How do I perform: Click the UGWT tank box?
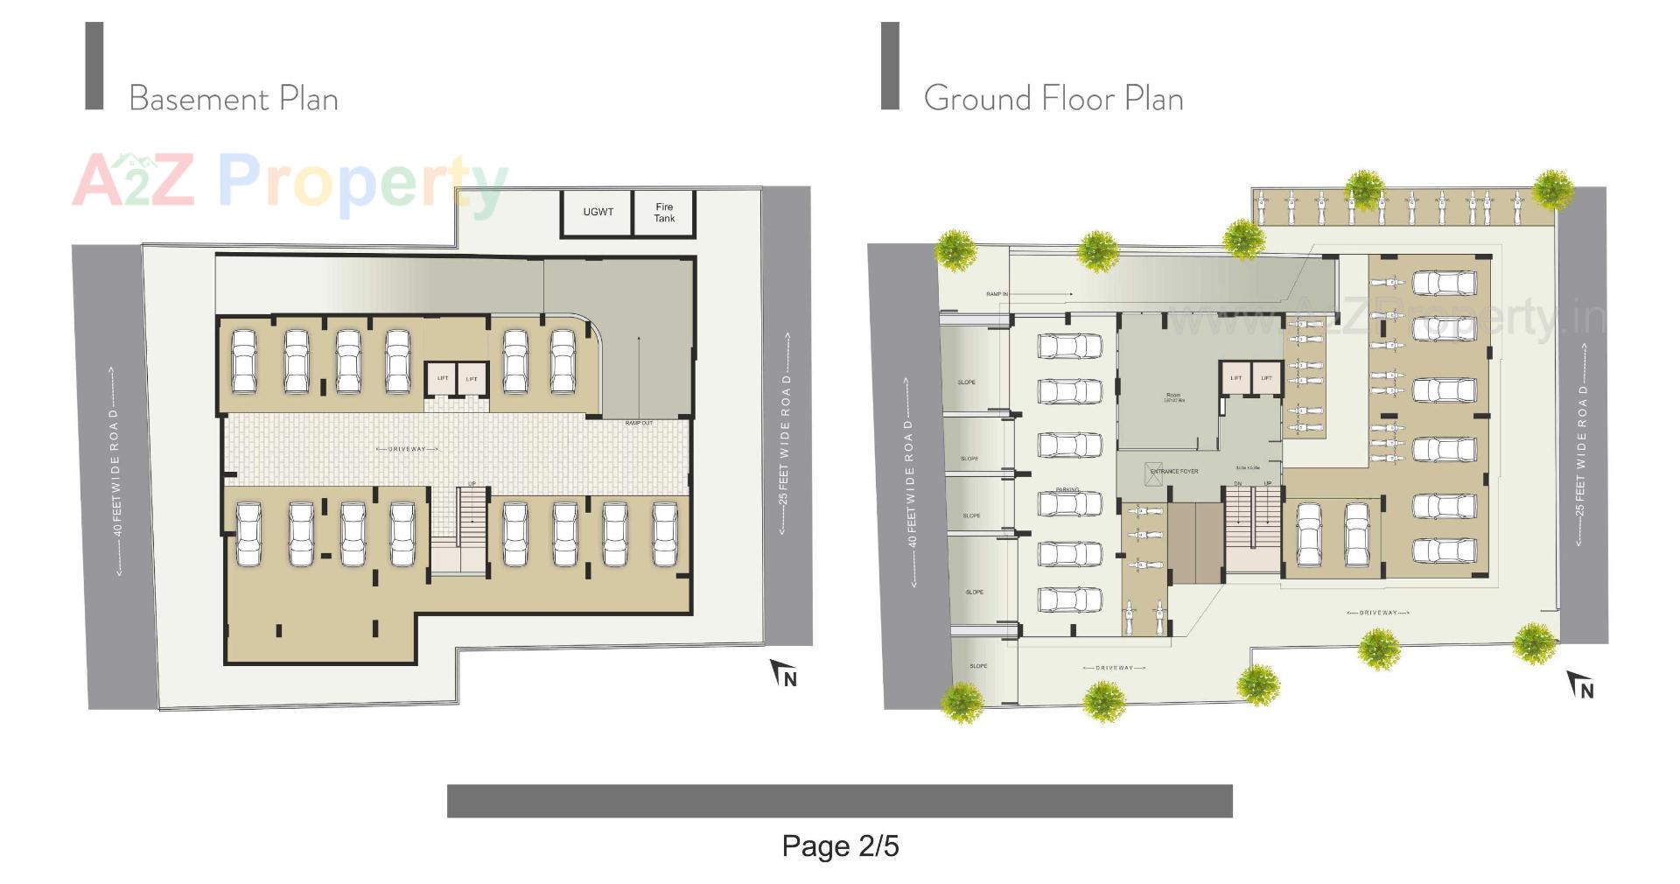(598, 213)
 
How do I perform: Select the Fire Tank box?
(664, 213)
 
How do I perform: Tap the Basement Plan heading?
(234, 98)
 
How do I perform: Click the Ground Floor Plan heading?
(1053, 98)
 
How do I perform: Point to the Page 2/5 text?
(840, 845)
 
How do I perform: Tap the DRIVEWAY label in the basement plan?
(407, 449)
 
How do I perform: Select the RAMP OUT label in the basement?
(639, 424)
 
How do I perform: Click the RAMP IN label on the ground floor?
(997, 294)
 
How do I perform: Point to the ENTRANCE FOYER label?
(1174, 472)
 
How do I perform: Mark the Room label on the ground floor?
(1172, 396)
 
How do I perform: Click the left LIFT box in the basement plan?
(443, 379)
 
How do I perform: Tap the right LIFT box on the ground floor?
(1266, 378)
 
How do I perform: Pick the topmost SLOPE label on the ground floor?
(966, 382)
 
